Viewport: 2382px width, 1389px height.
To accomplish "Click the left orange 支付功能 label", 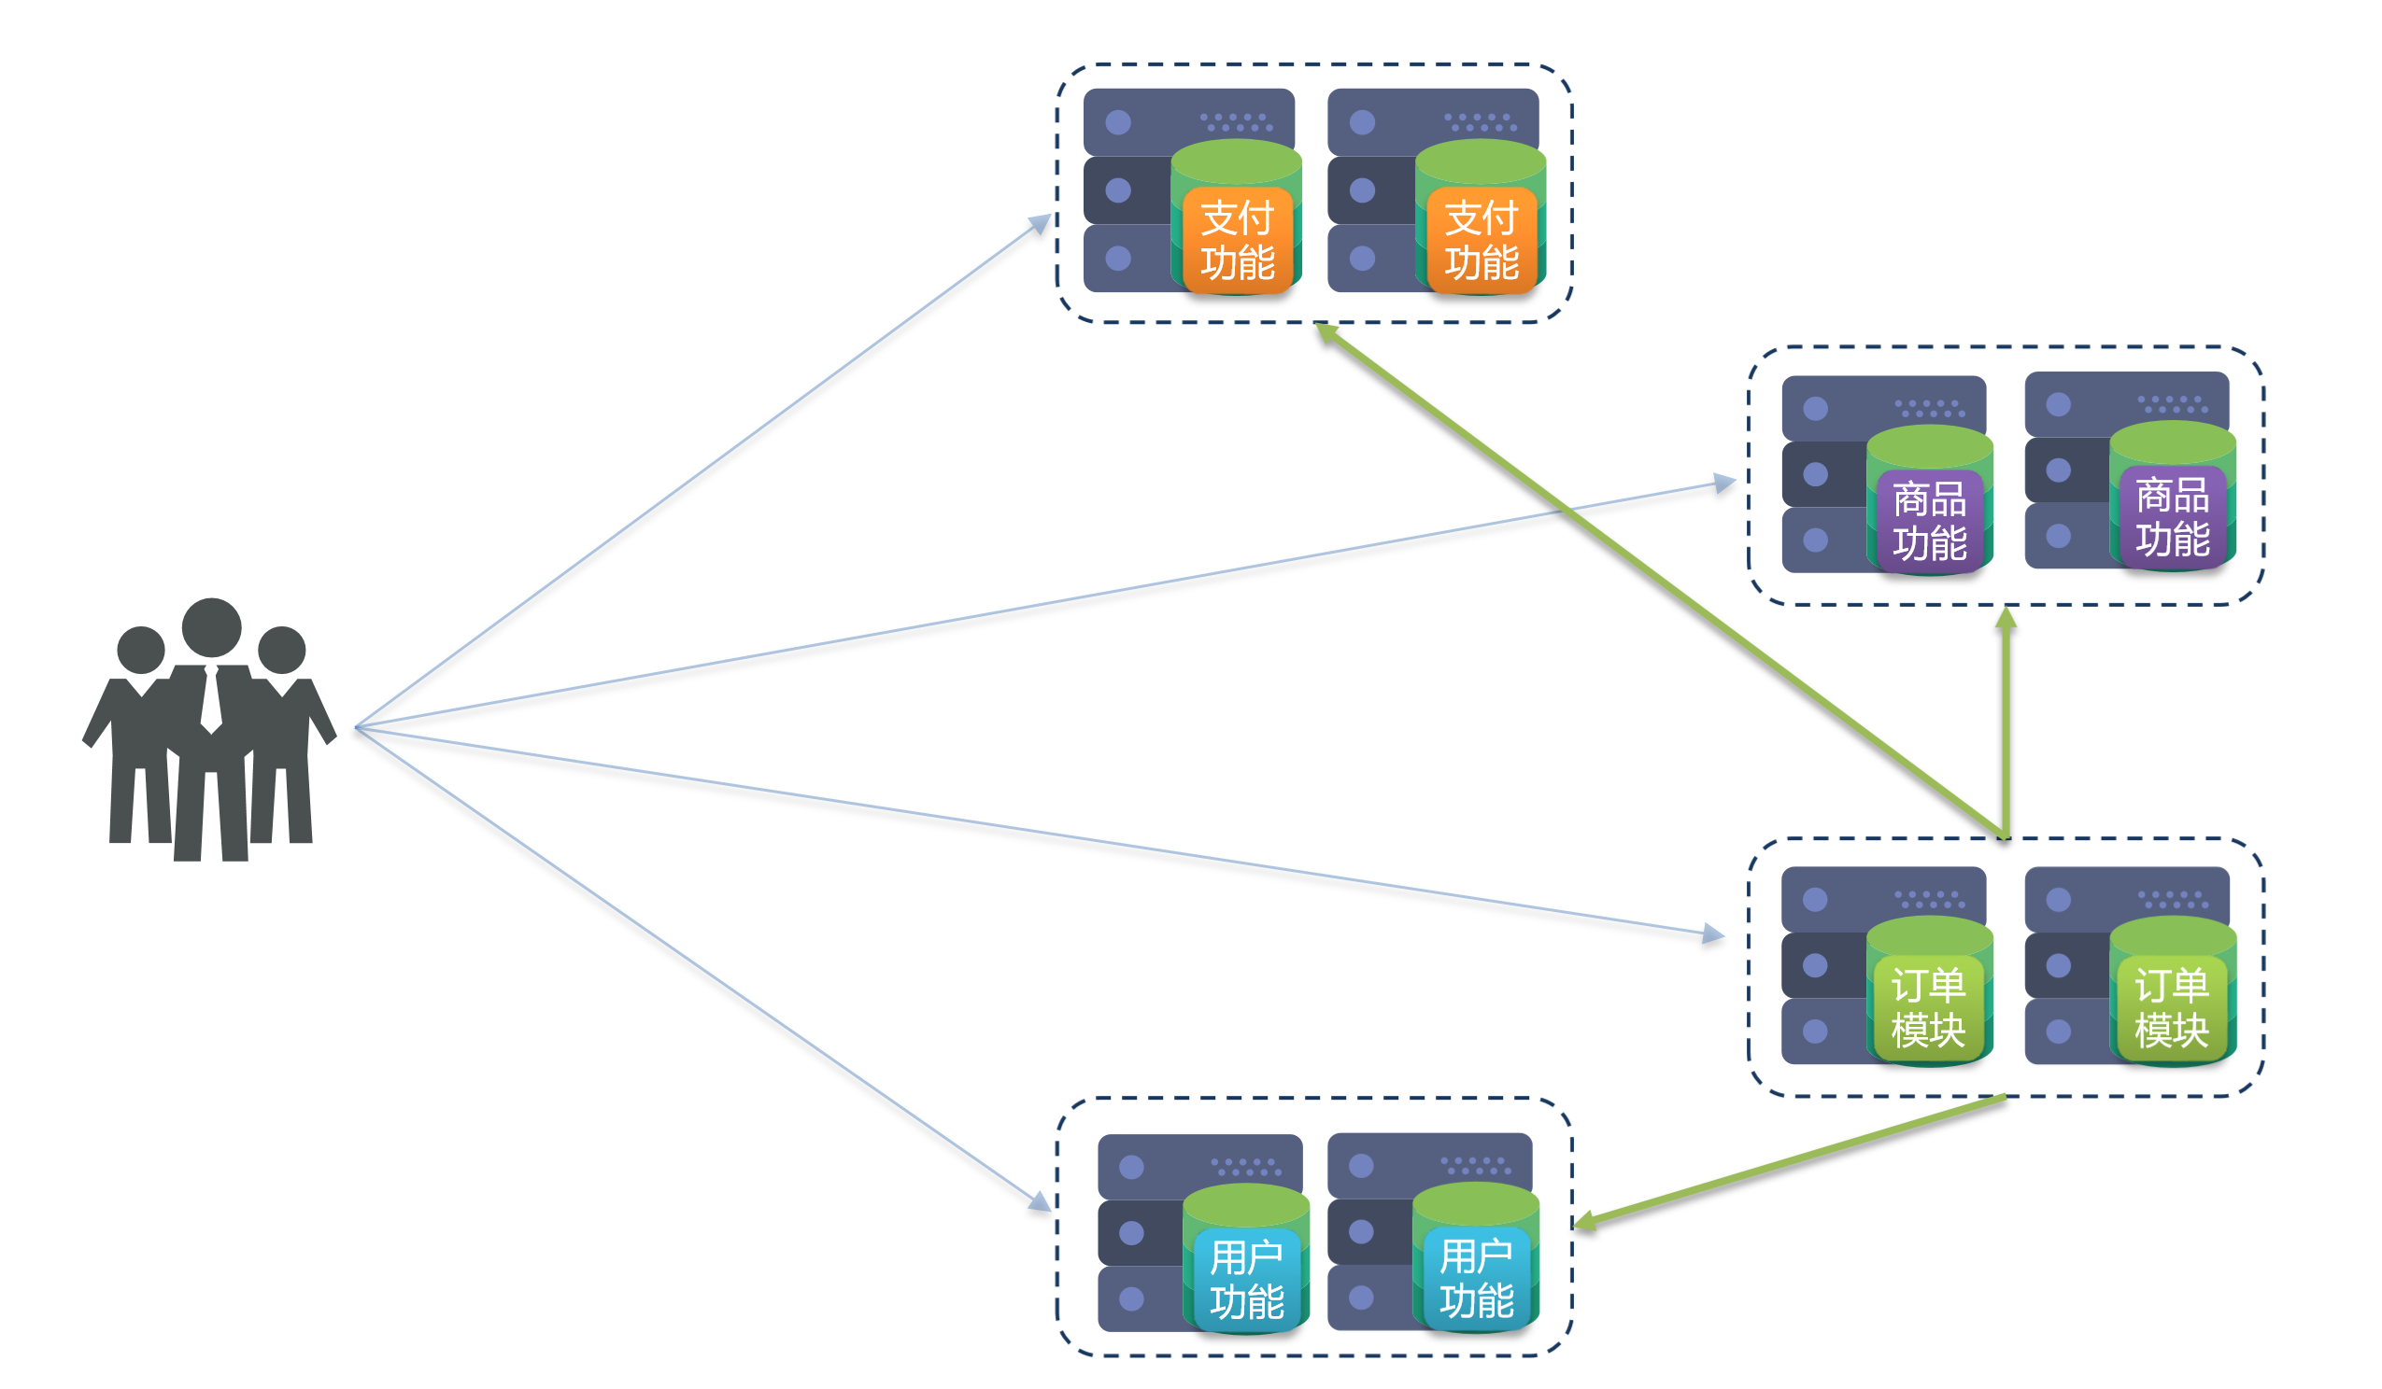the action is pyautogui.click(x=1238, y=241).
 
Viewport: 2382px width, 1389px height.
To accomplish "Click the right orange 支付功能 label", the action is pyautogui.click(x=1482, y=241).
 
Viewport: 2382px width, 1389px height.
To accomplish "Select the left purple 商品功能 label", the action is pyautogui.click(x=1929, y=522).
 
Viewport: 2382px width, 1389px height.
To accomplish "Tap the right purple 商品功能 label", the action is pyautogui.click(x=2172, y=518).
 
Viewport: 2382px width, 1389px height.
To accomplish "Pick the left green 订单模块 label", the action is pyautogui.click(x=1928, y=1008).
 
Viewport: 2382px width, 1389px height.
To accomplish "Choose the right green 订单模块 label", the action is pyautogui.click(x=2172, y=1008).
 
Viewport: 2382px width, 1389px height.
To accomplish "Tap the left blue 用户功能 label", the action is pyautogui.click(x=1247, y=1281).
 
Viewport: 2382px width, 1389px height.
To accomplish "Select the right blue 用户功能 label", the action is pyautogui.click(x=1477, y=1280).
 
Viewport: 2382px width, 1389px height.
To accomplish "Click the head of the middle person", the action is pyautogui.click(x=212, y=627).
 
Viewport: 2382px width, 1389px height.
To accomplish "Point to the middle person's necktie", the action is pyautogui.click(x=211, y=699).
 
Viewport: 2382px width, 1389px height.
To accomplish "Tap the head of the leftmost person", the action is pyautogui.click(x=141, y=650).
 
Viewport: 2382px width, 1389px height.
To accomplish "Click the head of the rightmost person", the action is pyautogui.click(x=282, y=650).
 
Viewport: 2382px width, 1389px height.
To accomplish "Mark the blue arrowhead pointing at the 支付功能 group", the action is pyautogui.click(x=1040, y=224).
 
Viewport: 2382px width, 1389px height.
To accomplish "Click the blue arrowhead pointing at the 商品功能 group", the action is pyautogui.click(x=1725, y=484).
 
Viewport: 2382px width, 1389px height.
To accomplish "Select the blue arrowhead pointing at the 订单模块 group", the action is pyautogui.click(x=1713, y=933).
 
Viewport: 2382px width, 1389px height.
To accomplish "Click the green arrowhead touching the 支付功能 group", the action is pyautogui.click(x=1327, y=332).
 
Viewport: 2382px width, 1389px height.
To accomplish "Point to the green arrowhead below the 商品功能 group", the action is pyautogui.click(x=2006, y=619).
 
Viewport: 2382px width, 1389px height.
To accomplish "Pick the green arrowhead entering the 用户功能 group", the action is pyautogui.click(x=1585, y=1222).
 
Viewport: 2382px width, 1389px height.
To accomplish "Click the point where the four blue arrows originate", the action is pyautogui.click(x=355, y=727).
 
